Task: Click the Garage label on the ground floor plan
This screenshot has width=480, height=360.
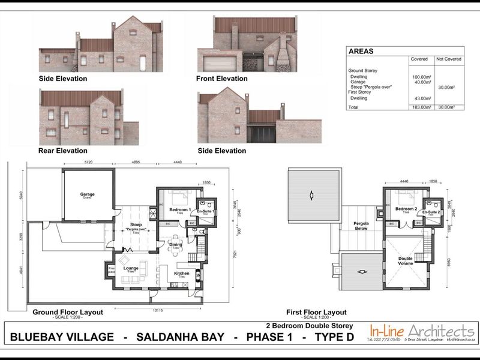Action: pyautogui.click(x=88, y=195)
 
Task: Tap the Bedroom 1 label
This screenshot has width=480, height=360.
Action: pyautogui.click(x=179, y=209)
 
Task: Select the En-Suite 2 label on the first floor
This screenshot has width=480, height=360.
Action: pyautogui.click(x=431, y=212)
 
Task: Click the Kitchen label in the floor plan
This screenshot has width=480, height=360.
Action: pyautogui.click(x=182, y=274)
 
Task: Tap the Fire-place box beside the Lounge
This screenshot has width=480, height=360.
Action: pyautogui.click(x=111, y=270)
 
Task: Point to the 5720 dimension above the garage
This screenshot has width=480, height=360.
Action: pyautogui.click(x=88, y=163)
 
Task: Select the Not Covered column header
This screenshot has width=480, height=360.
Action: pyautogui.click(x=448, y=59)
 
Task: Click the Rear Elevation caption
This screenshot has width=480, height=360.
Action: pyautogui.click(x=62, y=151)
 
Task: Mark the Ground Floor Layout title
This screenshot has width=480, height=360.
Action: pyautogui.click(x=67, y=312)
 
